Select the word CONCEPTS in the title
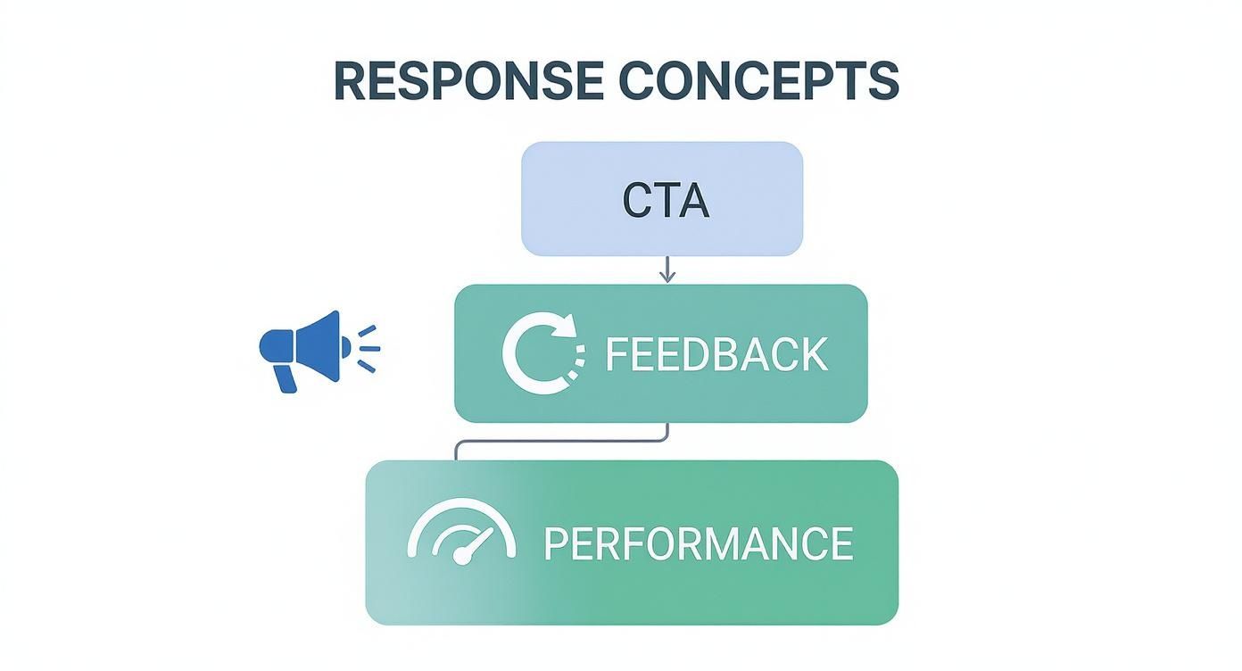tap(758, 81)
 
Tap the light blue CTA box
tap(662, 198)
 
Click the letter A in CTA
tap(693, 201)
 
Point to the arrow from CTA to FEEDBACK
tap(667, 269)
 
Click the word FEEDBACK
tap(716, 354)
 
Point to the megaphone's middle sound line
tap(369, 348)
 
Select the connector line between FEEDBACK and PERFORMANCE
tap(562, 441)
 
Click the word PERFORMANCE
tap(698, 543)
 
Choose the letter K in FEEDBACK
tap(812, 354)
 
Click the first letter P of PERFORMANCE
tap(555, 543)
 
